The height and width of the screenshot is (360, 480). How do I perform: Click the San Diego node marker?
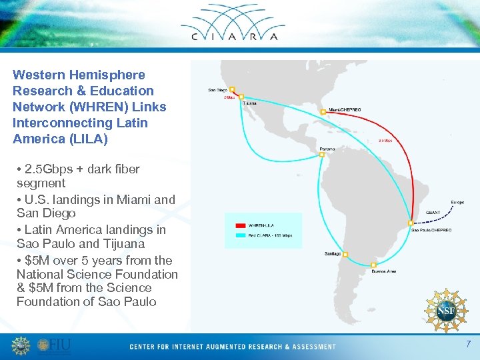pos(233,89)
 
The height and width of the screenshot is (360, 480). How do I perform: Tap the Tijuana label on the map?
pos(249,103)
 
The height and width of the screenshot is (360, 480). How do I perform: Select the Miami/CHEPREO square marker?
pos(323,112)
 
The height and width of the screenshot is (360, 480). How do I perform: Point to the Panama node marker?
pos(321,155)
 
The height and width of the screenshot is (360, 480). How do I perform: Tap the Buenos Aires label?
pos(384,271)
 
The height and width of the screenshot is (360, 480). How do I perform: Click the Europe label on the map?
pos(457,201)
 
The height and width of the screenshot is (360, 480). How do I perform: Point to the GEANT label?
pos(433,212)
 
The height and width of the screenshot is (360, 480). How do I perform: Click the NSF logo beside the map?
pos(445,310)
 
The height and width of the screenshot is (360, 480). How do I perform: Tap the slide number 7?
pos(468,345)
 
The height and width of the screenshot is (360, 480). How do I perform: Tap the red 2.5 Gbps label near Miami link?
pos(385,141)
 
